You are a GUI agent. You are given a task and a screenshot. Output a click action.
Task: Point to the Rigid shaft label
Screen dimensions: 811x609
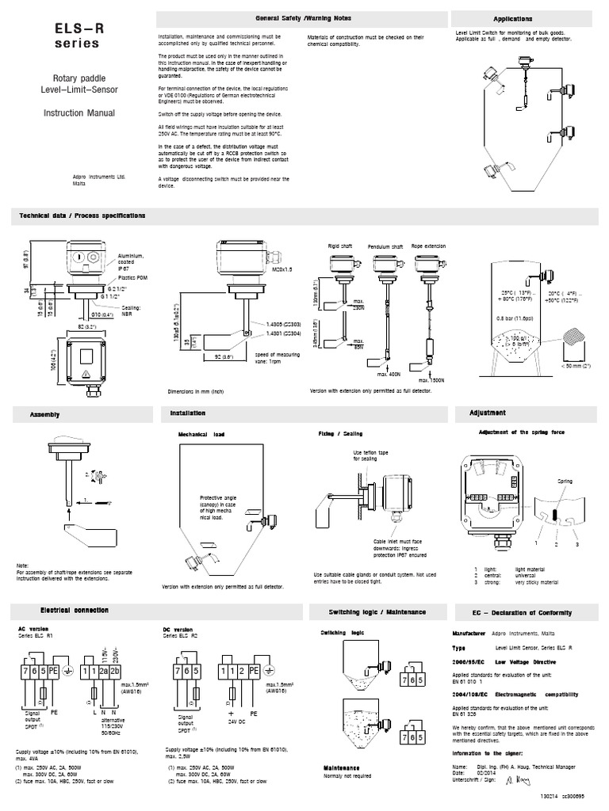tap(339, 246)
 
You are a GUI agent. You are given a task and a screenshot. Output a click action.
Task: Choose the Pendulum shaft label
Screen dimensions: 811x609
tap(385, 246)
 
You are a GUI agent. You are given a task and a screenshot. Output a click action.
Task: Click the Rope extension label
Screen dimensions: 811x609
tap(428, 246)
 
